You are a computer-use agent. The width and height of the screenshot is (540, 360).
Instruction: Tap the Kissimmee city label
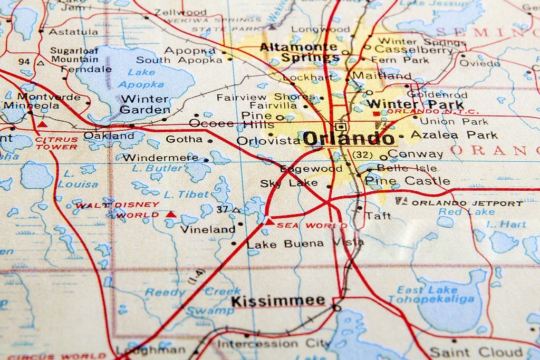tap(278, 301)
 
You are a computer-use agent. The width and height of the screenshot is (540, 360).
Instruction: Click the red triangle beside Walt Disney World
tap(170, 214)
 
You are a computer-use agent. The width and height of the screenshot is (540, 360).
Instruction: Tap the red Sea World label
tap(312, 225)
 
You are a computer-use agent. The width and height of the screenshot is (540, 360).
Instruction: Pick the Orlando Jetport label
tap(467, 203)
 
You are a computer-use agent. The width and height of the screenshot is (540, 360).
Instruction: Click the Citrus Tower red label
tap(56, 143)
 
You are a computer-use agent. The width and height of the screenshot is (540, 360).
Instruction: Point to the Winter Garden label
tap(144, 104)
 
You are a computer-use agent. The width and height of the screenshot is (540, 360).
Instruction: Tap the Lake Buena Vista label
tap(305, 244)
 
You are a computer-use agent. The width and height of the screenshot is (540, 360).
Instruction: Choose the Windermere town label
tap(160, 157)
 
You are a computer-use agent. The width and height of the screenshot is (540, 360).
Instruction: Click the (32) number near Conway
tap(362, 154)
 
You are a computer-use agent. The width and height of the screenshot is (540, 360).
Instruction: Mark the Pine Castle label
tap(407, 181)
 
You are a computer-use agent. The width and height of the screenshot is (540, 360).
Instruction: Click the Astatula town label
tap(73, 32)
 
